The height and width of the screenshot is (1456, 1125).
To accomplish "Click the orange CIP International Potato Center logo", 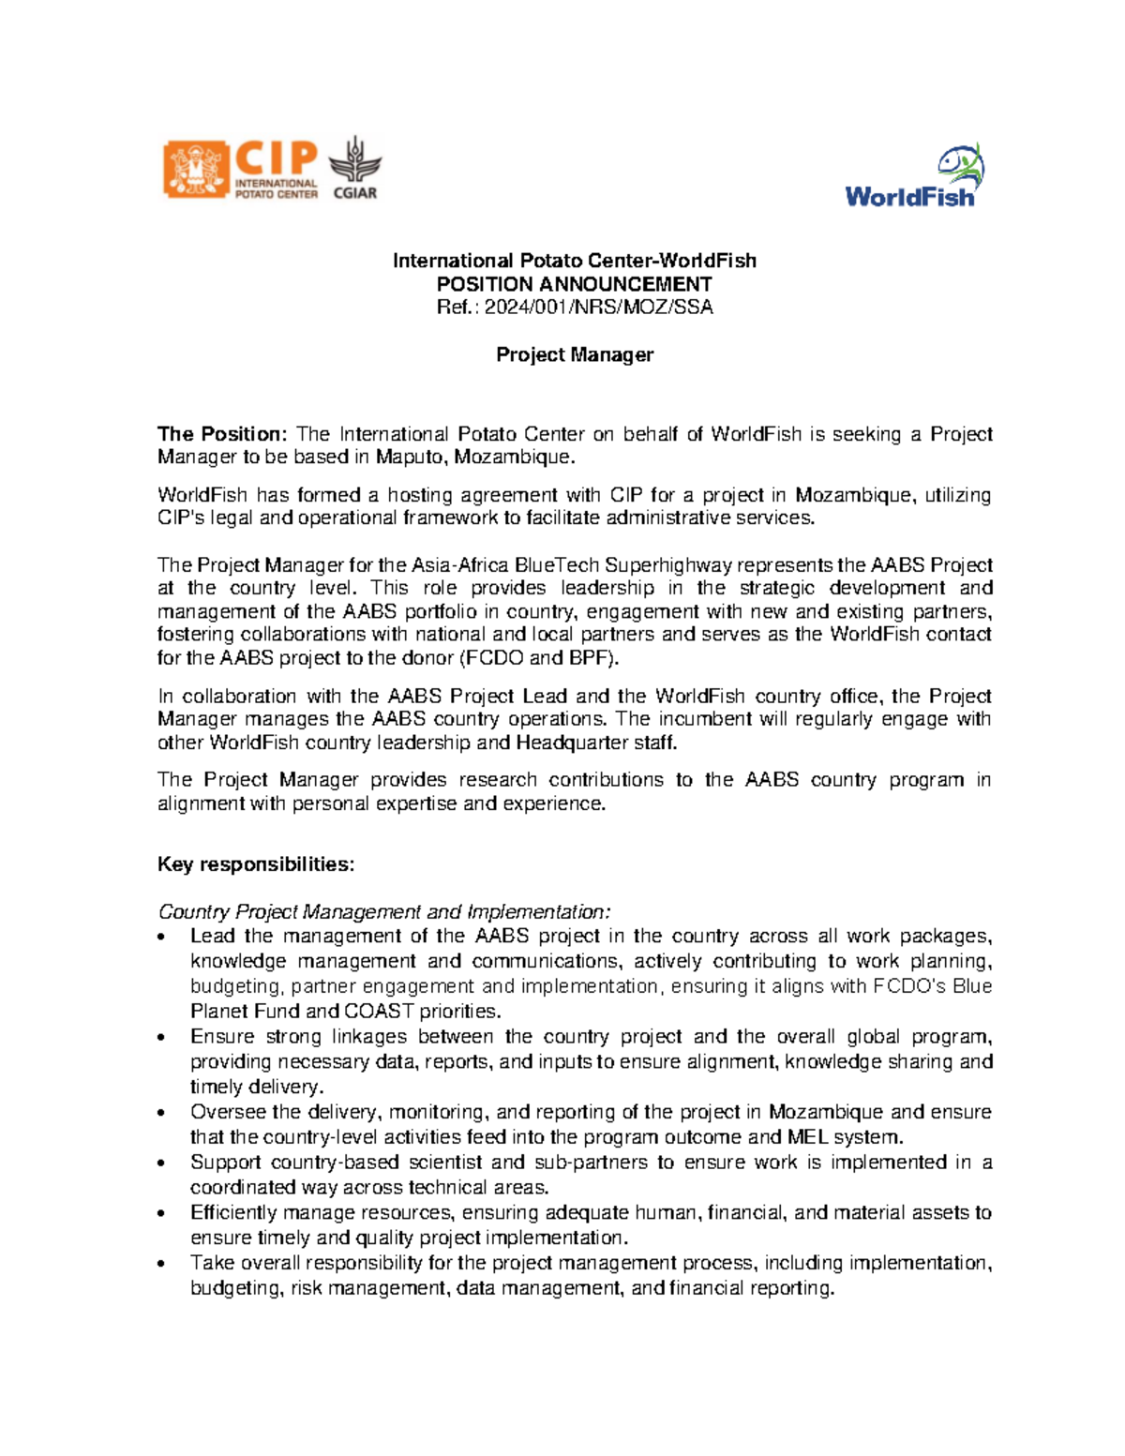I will [x=241, y=170].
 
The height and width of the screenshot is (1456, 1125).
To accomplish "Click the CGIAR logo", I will [x=355, y=169].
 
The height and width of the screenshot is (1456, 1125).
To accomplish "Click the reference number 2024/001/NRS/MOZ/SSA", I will [x=598, y=308].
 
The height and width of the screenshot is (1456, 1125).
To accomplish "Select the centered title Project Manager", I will [x=574, y=354].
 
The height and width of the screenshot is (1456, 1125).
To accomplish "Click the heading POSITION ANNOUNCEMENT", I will [x=574, y=284].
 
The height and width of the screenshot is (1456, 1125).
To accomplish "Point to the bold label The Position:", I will [x=221, y=434].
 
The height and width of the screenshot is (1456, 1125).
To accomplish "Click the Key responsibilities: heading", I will [x=256, y=864].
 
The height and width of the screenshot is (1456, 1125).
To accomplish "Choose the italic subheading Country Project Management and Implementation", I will [x=384, y=912].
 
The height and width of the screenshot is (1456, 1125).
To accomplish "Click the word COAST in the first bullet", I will [x=379, y=1012].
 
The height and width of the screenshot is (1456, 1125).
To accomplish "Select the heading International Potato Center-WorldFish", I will [x=574, y=261].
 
